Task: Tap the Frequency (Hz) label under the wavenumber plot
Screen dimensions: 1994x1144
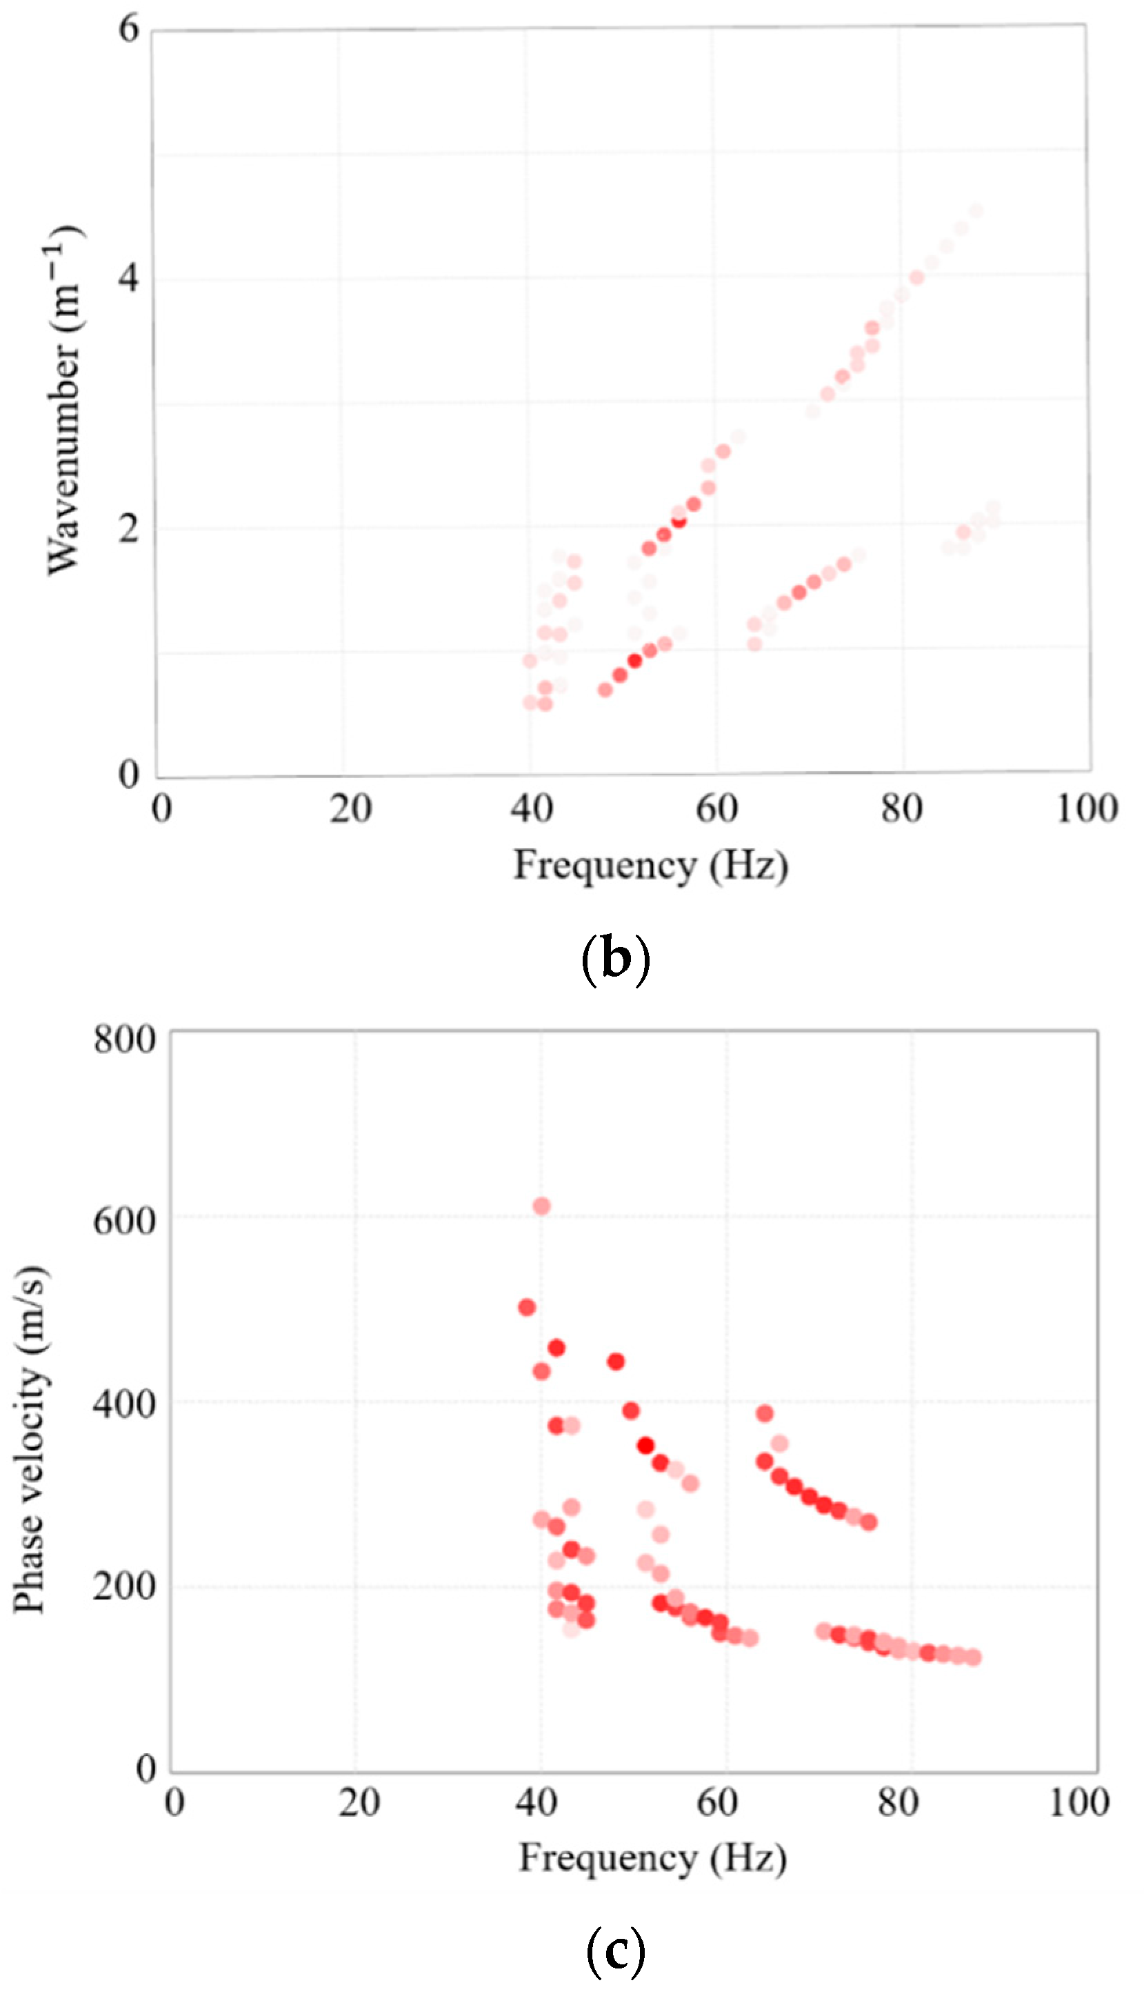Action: tap(650, 866)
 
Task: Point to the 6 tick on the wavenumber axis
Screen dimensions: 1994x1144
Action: tap(128, 29)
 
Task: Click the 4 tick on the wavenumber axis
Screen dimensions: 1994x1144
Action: tap(128, 278)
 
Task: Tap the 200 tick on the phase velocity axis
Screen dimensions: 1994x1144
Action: tap(124, 1586)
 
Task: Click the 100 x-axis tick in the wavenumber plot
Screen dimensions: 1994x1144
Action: tap(1087, 808)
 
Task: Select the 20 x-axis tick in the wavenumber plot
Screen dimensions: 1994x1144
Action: tap(350, 808)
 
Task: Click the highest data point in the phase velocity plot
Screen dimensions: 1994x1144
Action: tap(541, 1206)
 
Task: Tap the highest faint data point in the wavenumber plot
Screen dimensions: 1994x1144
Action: tap(976, 210)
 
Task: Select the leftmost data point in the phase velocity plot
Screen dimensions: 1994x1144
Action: tap(526, 1307)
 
